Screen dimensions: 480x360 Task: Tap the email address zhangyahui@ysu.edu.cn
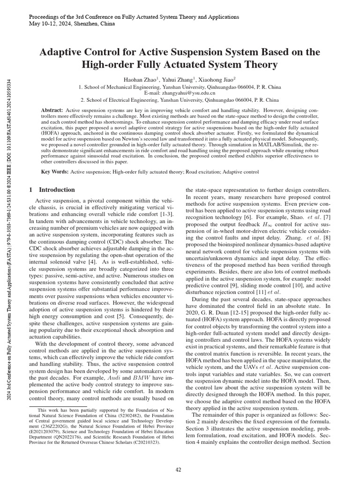(180, 93)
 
